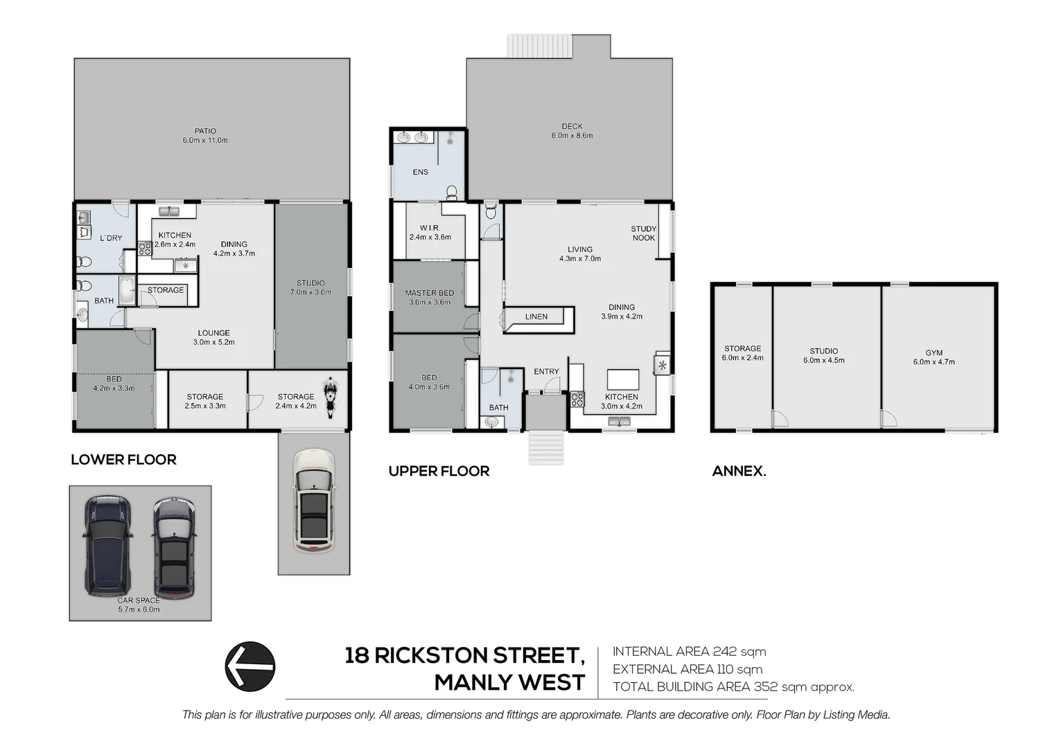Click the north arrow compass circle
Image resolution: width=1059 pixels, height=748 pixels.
(x=250, y=666)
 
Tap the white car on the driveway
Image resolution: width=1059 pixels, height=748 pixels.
(x=314, y=501)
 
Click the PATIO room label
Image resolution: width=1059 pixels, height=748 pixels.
(x=205, y=131)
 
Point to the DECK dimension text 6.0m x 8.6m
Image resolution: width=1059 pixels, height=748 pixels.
(x=572, y=136)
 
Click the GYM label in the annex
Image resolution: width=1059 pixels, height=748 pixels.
(x=934, y=353)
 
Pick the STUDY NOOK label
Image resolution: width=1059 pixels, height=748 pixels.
(x=643, y=233)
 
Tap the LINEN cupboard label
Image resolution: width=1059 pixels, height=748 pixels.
(x=536, y=317)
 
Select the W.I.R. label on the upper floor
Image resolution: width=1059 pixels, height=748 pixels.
(x=430, y=228)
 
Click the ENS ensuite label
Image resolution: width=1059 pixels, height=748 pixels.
(x=420, y=172)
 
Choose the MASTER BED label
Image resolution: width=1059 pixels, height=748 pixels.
(x=429, y=293)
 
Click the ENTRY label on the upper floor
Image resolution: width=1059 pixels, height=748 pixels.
(x=546, y=372)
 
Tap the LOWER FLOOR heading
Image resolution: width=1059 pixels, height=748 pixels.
(x=123, y=460)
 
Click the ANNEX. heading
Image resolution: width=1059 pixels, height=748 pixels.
(x=739, y=472)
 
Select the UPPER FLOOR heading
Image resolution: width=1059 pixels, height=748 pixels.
(x=439, y=472)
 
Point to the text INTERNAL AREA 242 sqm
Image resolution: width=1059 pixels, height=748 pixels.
(x=689, y=652)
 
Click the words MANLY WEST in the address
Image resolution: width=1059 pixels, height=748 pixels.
(x=509, y=683)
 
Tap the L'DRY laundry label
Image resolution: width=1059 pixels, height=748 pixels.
(x=110, y=238)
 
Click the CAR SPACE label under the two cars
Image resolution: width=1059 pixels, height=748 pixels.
(x=139, y=600)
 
